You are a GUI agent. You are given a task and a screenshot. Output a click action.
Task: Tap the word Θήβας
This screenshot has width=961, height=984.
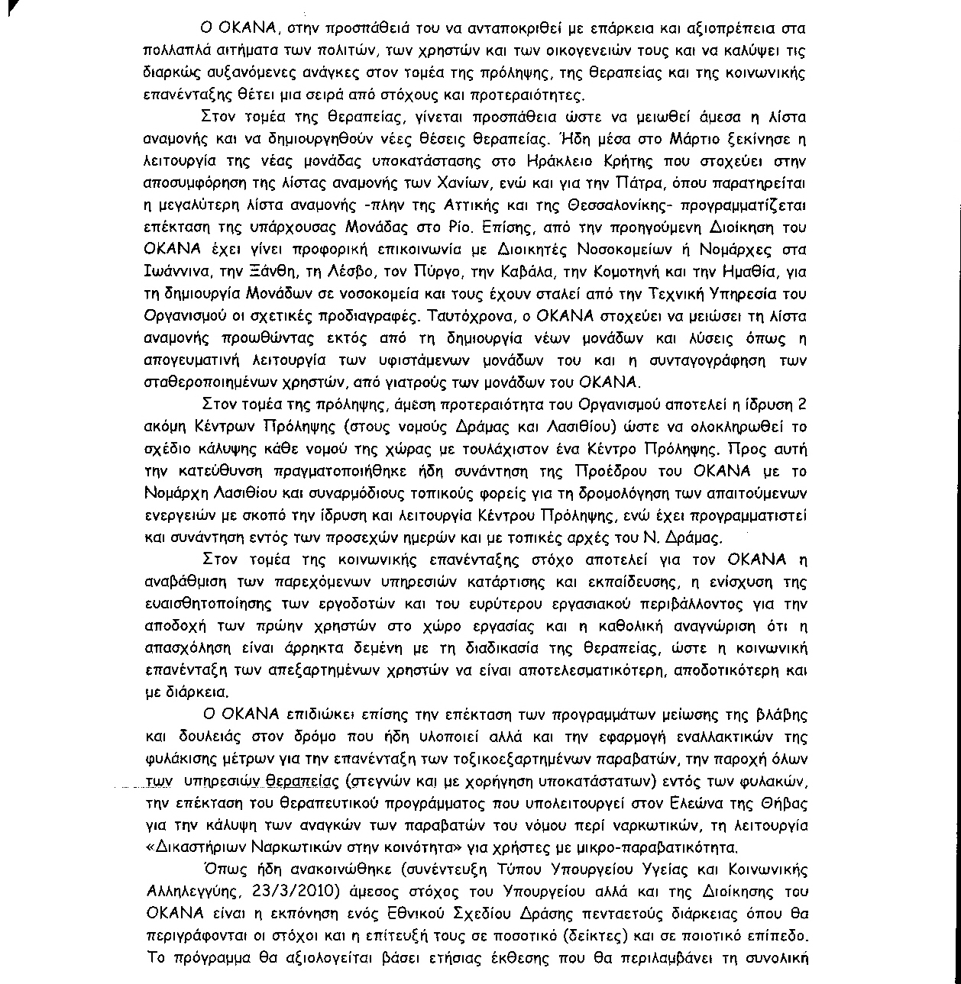(782, 804)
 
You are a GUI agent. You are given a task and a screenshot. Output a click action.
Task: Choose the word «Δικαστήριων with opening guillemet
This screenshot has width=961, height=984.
(194, 847)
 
